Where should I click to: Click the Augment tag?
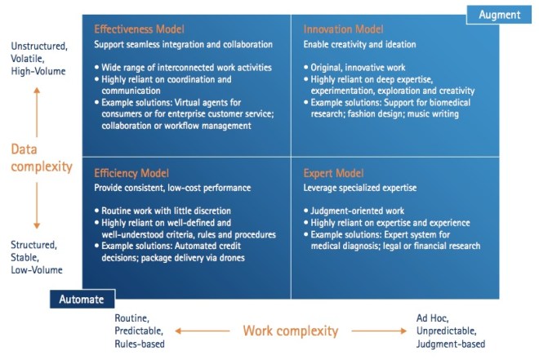(x=499, y=15)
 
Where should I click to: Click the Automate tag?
(x=82, y=300)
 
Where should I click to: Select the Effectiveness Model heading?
(x=139, y=29)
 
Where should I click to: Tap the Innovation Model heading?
(x=343, y=29)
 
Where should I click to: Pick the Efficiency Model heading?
(x=131, y=173)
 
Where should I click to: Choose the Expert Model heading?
(x=333, y=173)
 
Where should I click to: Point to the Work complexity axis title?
(x=291, y=331)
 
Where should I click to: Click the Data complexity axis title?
(x=42, y=158)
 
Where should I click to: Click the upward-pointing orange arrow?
(x=37, y=113)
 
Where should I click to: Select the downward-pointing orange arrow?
(x=37, y=206)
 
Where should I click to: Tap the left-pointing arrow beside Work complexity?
(x=203, y=331)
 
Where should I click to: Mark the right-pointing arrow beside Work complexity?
(x=379, y=331)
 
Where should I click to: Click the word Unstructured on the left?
(x=39, y=46)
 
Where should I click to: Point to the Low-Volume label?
(x=37, y=270)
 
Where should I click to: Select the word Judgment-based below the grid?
(x=451, y=344)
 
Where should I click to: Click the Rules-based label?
(x=140, y=344)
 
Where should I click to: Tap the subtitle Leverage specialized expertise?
(x=360, y=188)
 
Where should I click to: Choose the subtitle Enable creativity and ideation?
(x=359, y=44)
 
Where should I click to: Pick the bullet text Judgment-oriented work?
(x=358, y=211)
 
